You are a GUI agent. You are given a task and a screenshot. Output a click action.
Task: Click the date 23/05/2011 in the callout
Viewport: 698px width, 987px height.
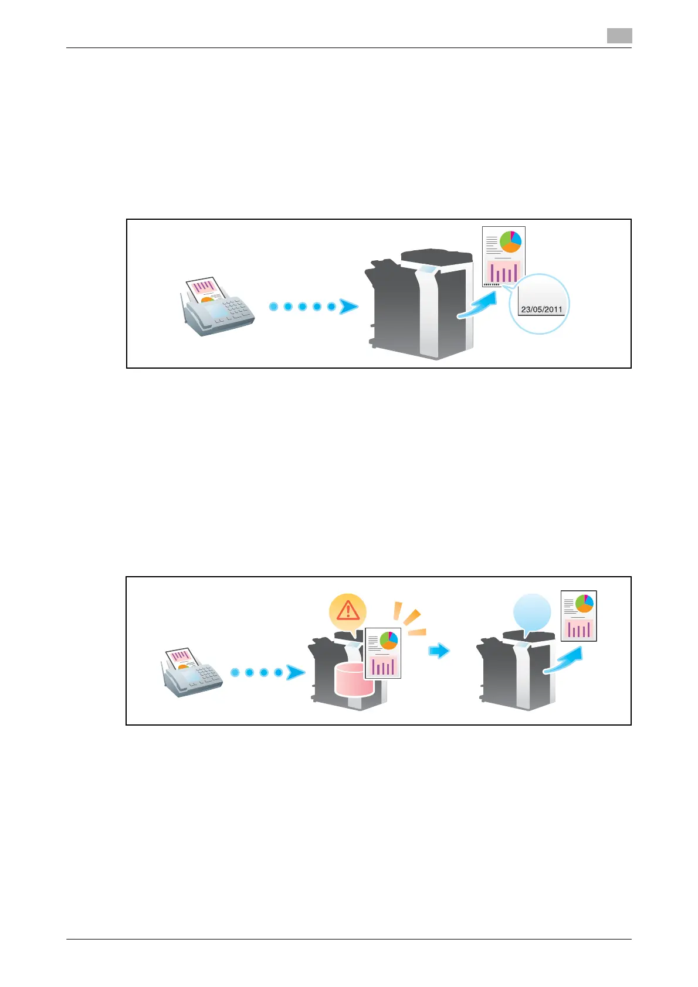click(x=541, y=309)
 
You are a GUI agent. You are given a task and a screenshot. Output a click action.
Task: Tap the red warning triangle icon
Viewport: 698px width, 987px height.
click(x=348, y=611)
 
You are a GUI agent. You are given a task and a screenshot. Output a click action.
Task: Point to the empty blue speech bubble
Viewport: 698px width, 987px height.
click(x=532, y=612)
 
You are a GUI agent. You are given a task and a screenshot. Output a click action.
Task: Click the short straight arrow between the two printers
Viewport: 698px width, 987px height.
click(x=439, y=651)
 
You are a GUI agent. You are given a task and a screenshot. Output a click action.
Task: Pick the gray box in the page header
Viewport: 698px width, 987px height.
click(x=619, y=36)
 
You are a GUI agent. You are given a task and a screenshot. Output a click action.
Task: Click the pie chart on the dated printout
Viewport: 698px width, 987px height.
click(x=510, y=241)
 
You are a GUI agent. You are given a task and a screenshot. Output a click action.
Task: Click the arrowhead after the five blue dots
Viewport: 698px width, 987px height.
click(x=349, y=307)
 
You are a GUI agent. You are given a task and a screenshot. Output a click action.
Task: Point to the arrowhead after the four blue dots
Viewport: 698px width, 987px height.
click(x=295, y=672)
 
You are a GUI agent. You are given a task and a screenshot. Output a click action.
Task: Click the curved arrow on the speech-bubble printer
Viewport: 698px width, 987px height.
click(x=564, y=660)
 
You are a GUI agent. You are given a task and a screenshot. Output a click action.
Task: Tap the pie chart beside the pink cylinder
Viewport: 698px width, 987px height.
click(x=388, y=640)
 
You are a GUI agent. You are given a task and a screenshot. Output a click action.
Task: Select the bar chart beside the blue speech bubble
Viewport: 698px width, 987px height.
click(x=578, y=629)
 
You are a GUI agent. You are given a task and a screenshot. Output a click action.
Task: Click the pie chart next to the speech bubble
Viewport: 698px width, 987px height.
click(x=584, y=603)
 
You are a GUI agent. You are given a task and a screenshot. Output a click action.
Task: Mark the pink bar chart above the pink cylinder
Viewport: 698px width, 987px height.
click(x=383, y=666)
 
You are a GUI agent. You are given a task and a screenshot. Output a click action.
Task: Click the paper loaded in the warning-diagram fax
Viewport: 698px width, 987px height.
click(x=180, y=658)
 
